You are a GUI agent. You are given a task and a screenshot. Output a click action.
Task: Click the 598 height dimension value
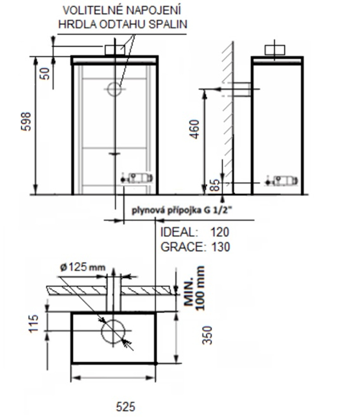click(26, 122)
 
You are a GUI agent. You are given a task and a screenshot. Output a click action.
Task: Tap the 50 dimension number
click(45, 74)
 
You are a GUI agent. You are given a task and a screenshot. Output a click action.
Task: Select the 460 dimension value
click(195, 129)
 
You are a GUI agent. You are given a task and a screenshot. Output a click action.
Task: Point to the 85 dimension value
click(216, 185)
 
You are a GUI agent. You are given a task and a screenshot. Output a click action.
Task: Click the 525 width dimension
click(125, 407)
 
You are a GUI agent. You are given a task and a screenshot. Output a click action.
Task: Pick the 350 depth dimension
click(208, 335)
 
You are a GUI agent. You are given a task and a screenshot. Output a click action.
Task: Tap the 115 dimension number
click(34, 323)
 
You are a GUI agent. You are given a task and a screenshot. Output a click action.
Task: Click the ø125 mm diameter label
click(83, 267)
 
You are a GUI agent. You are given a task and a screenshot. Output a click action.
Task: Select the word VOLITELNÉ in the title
click(92, 10)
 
